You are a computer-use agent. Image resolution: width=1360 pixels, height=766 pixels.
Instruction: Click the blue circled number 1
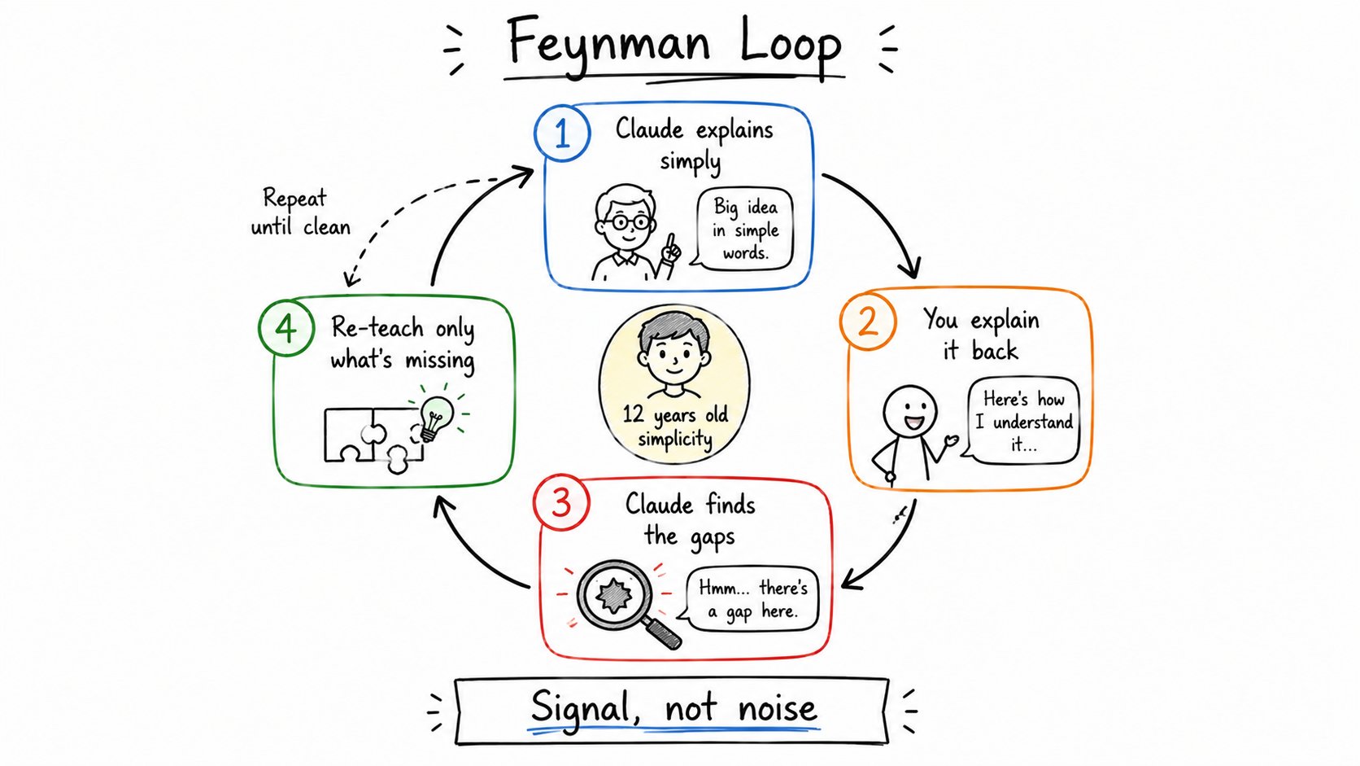click(x=561, y=133)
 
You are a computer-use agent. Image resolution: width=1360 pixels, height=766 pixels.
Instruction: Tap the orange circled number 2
click(x=868, y=321)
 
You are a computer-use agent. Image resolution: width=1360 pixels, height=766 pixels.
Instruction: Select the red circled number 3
click(x=561, y=502)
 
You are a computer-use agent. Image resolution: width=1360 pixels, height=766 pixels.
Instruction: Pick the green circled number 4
click(x=286, y=328)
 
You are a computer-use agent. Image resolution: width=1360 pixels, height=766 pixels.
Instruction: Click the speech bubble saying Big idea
click(x=745, y=229)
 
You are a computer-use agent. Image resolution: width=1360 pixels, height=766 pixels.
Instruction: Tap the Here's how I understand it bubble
click(x=1022, y=421)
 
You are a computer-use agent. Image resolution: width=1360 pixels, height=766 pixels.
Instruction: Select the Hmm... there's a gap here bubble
click(x=751, y=598)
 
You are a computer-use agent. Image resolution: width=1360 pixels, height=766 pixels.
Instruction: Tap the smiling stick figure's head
click(x=909, y=411)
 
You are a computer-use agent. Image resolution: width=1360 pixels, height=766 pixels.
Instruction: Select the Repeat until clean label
click(x=300, y=212)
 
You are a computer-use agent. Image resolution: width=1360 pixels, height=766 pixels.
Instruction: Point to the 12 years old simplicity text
click(x=674, y=426)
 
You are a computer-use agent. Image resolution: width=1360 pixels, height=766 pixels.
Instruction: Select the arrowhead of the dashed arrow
click(x=350, y=280)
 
